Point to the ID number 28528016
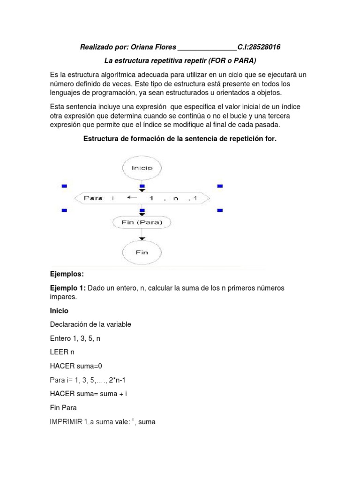coord(265,47)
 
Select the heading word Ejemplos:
coord(67,274)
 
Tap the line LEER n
coord(62,351)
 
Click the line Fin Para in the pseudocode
coord(63,407)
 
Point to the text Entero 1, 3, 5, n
coord(75,337)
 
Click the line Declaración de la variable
coord(90,324)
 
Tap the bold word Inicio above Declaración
coord(59,311)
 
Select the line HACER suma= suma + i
coord(89,394)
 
